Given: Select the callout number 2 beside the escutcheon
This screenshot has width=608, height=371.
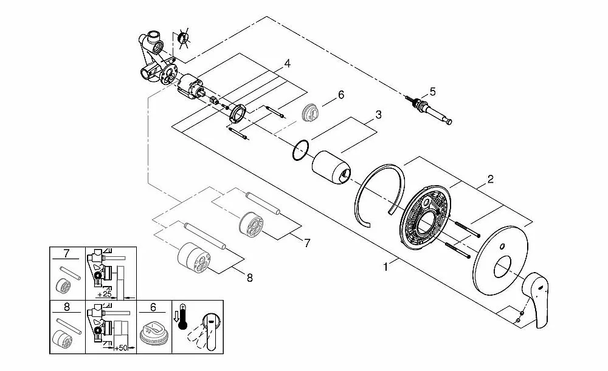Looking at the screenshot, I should [490, 179].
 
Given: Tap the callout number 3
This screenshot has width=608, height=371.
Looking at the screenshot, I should [378, 114].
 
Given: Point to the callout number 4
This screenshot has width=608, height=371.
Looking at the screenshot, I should [287, 64].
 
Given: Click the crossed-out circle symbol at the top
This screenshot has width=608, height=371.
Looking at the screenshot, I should [184, 39].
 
